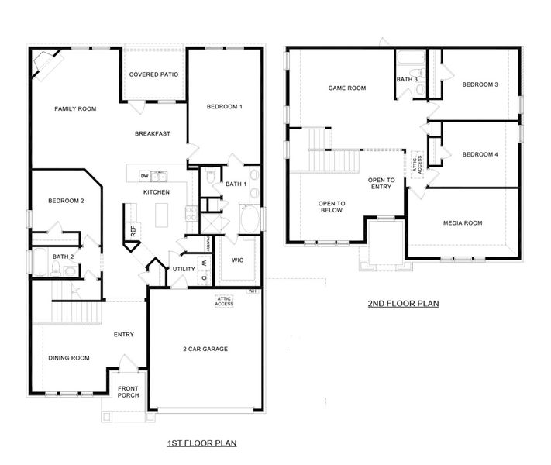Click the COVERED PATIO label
154,74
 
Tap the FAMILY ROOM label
75,109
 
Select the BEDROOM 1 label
224,106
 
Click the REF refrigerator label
133,230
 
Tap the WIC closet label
237,260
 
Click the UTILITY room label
184,269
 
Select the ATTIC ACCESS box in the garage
225,301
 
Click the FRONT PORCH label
128,391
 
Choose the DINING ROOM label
70,358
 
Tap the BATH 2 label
63,257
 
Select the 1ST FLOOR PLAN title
201,443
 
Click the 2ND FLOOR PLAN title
403,304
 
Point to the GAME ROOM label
346,88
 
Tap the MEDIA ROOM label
463,223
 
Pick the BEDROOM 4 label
480,154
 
